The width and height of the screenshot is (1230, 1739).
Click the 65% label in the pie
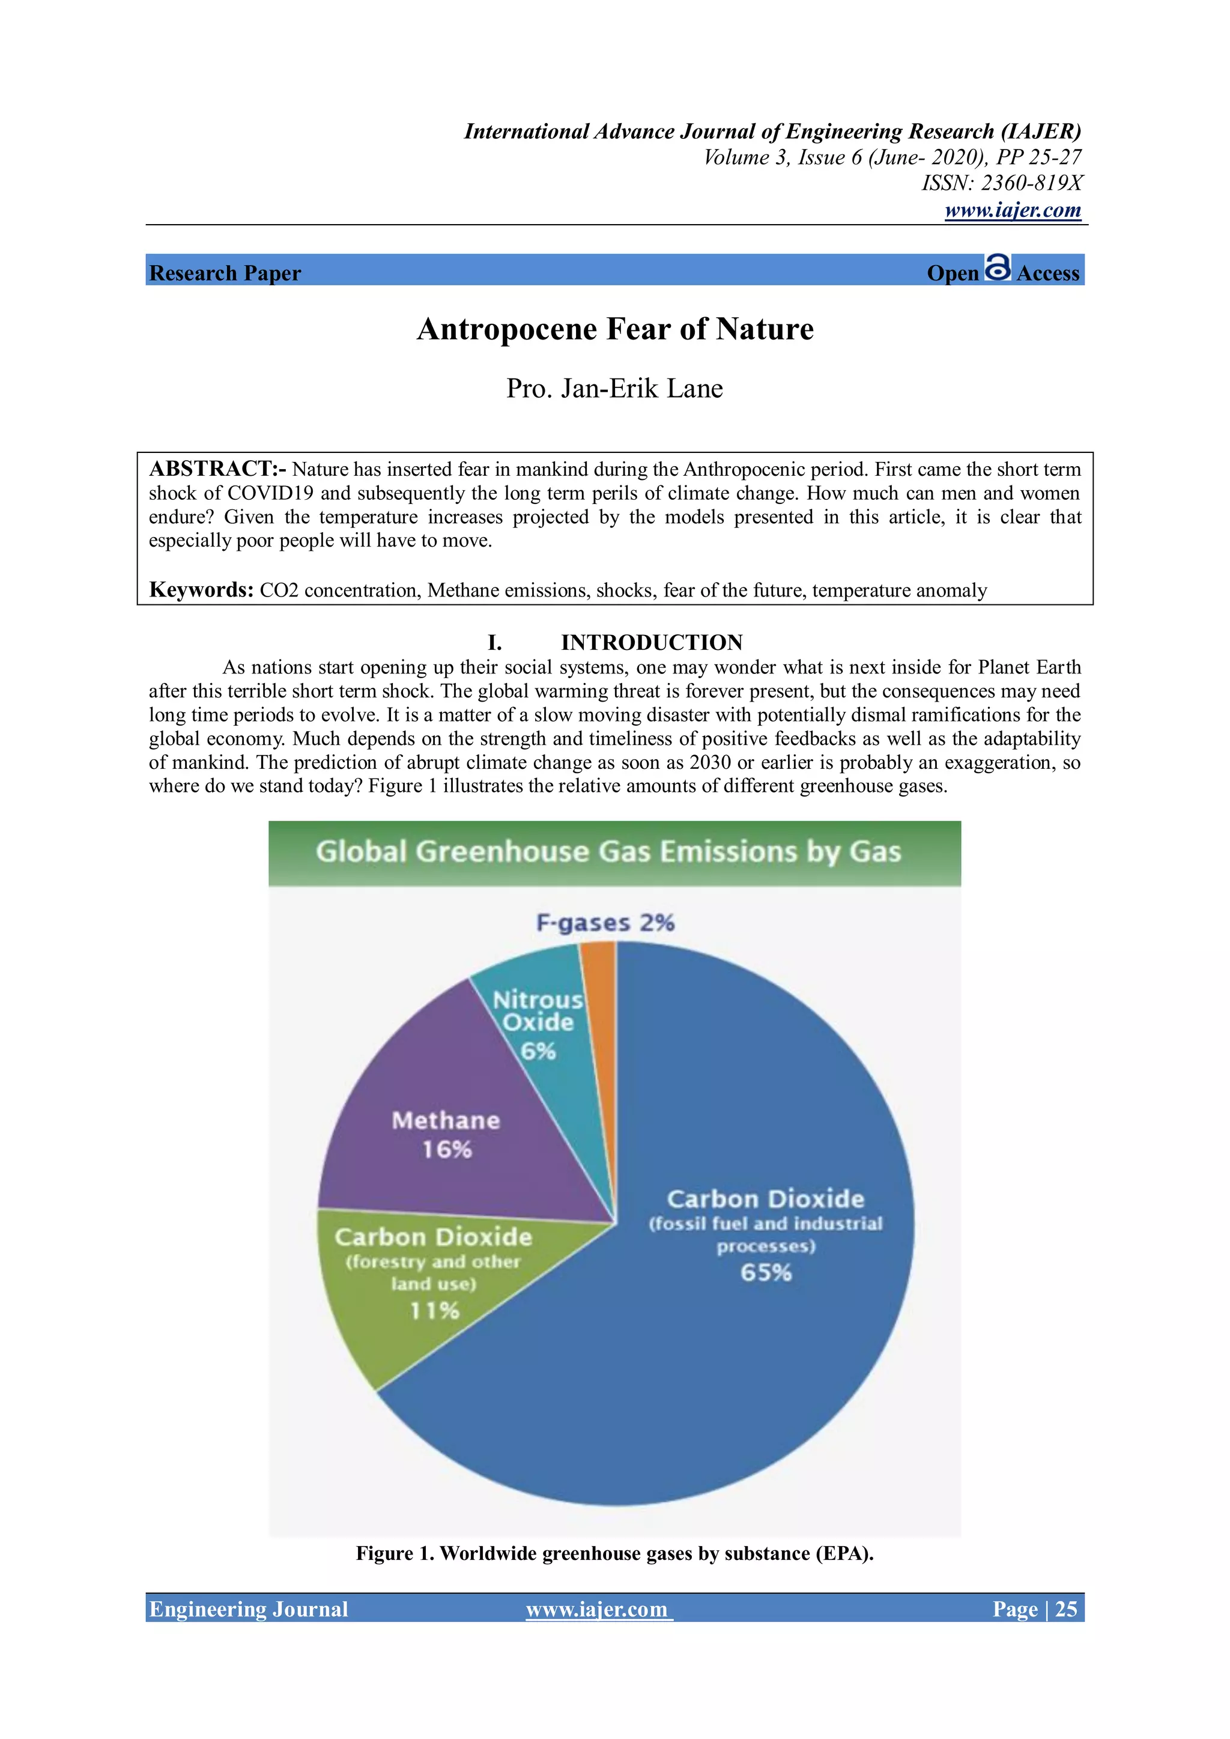tap(766, 1272)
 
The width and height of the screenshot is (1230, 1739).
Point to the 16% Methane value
tap(447, 1150)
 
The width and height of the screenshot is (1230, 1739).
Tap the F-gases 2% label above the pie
tap(605, 923)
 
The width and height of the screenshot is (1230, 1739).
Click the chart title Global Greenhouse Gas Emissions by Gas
tap(608, 851)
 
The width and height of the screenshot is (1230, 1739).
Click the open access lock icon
tap(998, 267)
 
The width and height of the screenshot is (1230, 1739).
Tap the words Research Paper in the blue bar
tap(225, 273)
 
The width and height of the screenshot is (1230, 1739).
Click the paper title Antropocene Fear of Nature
tap(615, 329)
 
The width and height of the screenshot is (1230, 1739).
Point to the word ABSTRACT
tap(212, 469)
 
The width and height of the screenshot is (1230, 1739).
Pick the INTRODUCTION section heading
tap(652, 642)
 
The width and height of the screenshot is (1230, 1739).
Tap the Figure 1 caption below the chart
tap(615, 1553)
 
